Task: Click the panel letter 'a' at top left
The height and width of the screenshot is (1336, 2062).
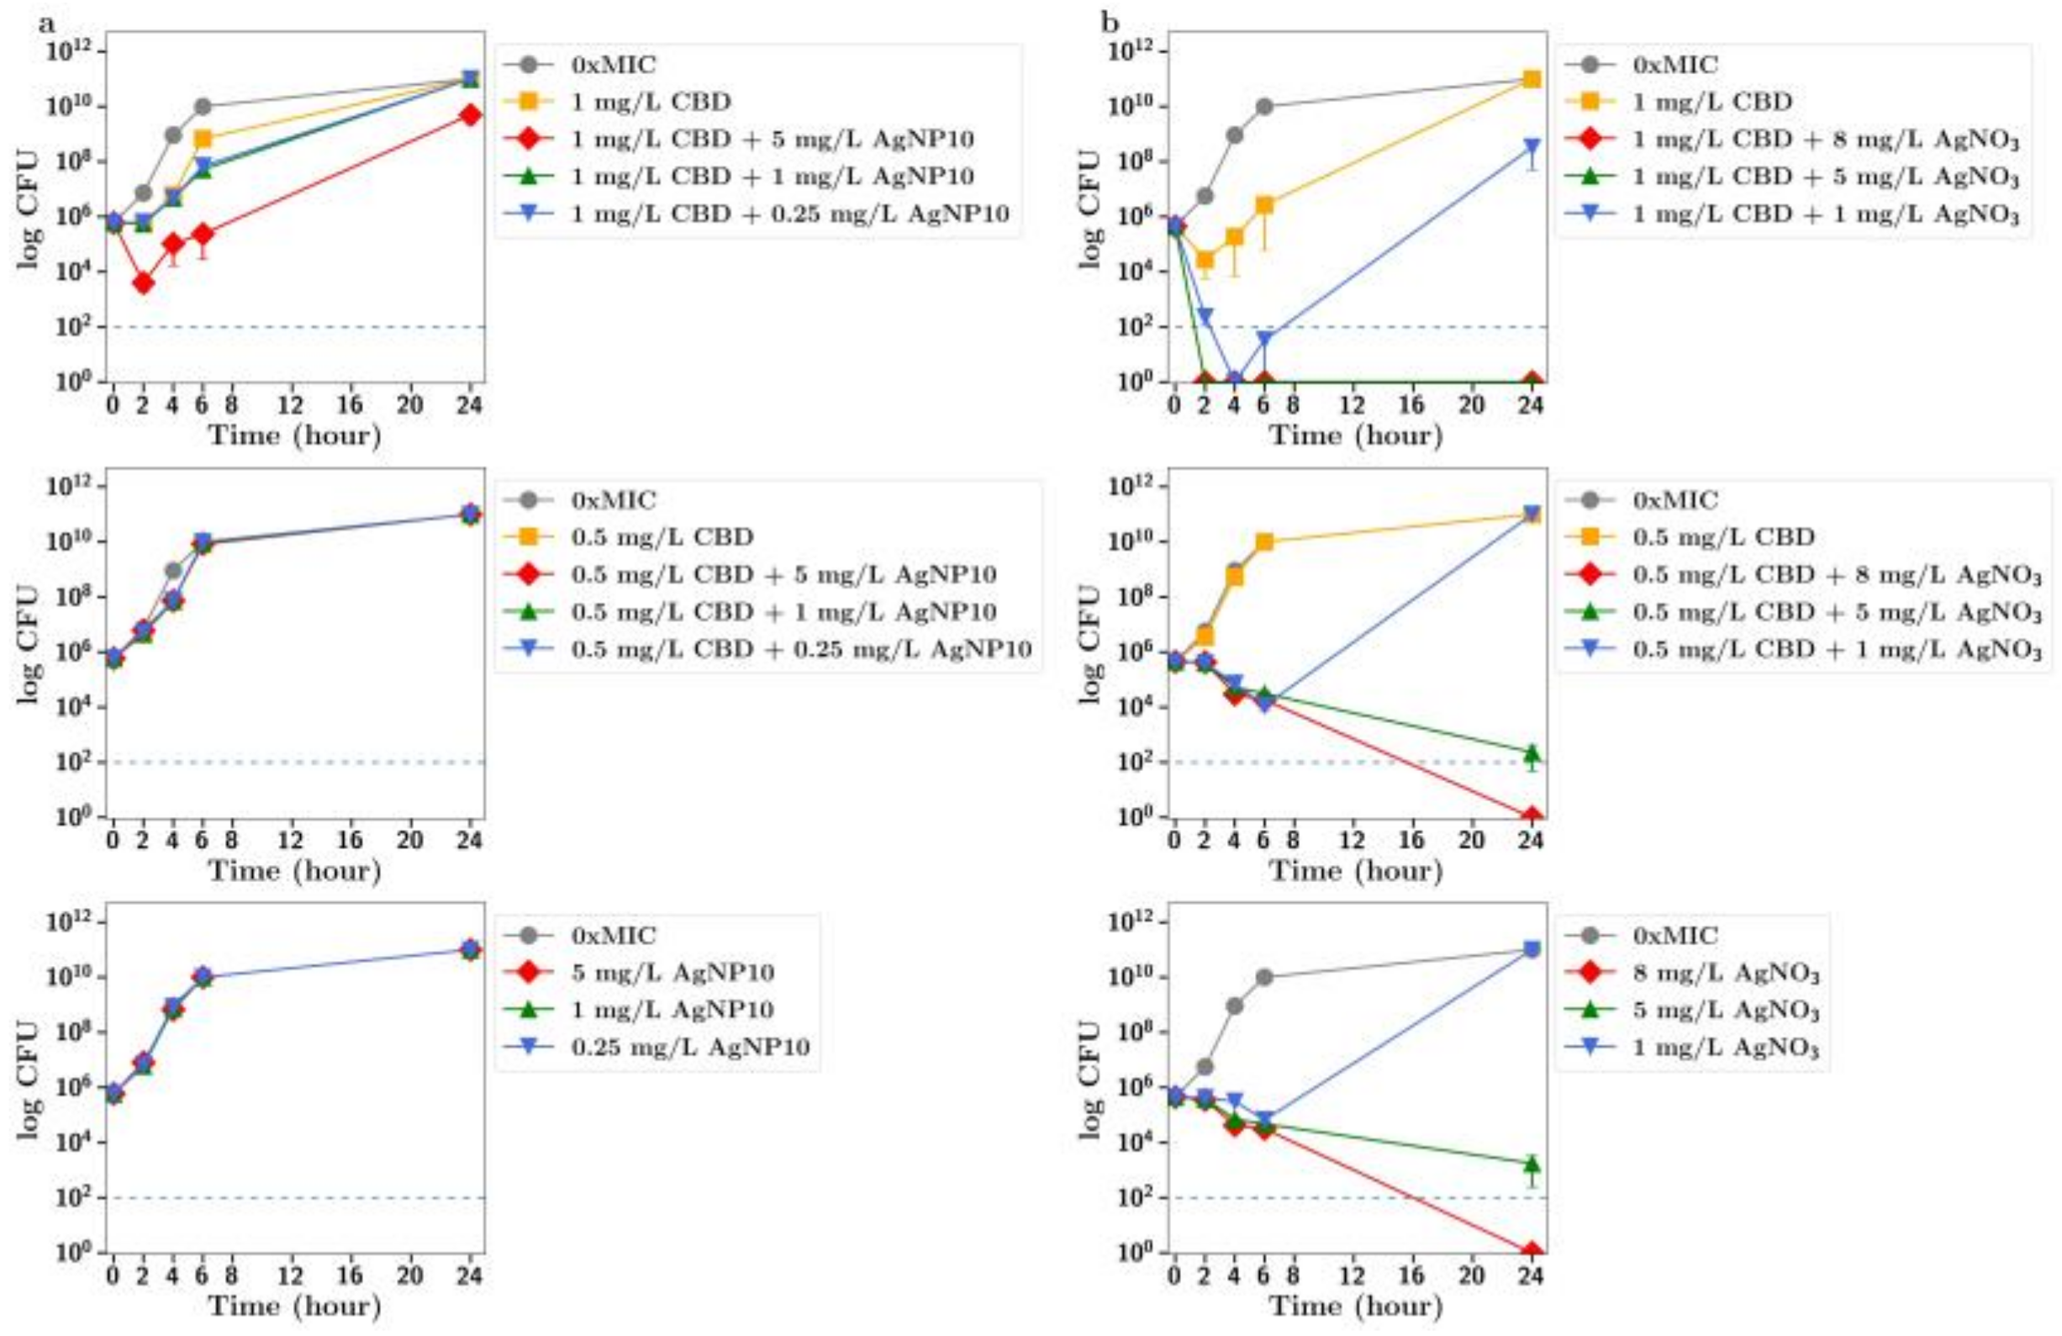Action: (46, 24)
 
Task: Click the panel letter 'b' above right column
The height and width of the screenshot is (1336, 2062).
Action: (1110, 24)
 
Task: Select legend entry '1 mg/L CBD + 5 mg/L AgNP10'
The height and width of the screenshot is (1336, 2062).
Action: (772, 140)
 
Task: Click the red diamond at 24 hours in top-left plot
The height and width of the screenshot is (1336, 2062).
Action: (471, 115)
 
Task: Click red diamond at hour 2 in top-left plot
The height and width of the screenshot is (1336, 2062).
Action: (144, 283)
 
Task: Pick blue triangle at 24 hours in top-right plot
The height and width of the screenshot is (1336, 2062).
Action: (1532, 147)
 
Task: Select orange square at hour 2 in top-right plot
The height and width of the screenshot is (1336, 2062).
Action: (1205, 260)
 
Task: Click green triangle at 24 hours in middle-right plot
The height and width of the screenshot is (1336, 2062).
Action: (1532, 752)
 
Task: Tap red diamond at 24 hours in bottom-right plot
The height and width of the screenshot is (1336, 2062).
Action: (1532, 1251)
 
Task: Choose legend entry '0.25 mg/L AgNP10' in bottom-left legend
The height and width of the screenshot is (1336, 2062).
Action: (689, 1047)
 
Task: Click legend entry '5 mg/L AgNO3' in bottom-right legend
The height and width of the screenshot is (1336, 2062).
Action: (1725, 1011)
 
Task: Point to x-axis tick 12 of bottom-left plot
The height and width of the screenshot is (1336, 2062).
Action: (291, 1275)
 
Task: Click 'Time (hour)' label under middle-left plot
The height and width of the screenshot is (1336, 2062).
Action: (294, 870)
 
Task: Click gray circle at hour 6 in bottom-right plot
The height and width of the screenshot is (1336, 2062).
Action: (1264, 977)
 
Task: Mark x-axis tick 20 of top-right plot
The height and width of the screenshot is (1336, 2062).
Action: (1471, 404)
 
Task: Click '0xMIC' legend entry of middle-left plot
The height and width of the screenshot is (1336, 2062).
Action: (613, 500)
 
